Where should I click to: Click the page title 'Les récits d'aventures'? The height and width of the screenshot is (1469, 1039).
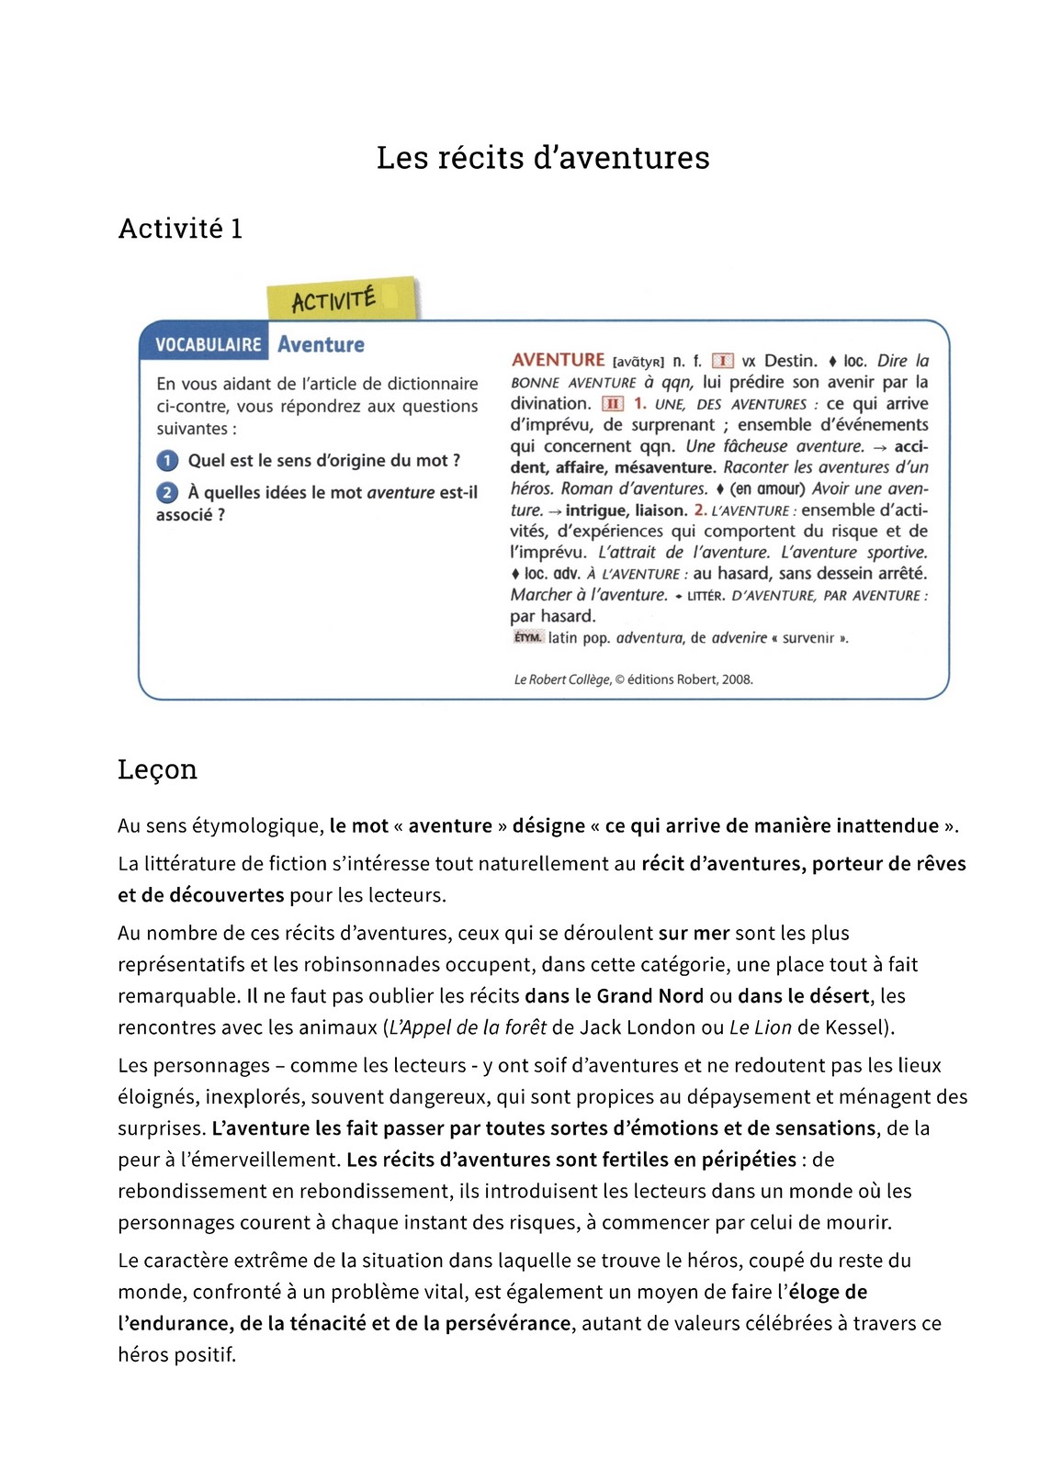[542, 158]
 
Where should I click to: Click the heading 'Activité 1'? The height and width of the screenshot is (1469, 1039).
[180, 229]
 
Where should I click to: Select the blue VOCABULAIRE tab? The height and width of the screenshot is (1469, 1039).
[208, 345]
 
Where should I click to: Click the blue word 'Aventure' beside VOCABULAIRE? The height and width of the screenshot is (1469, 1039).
[321, 345]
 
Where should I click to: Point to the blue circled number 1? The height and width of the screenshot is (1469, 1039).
[167, 461]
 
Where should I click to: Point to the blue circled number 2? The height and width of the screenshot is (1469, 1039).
[167, 493]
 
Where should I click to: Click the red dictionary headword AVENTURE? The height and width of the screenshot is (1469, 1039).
[558, 360]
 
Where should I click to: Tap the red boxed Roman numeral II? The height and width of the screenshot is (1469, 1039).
[613, 404]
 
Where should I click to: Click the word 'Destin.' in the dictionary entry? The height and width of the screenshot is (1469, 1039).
[790, 361]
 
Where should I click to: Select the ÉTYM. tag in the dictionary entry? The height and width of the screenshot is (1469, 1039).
[527, 637]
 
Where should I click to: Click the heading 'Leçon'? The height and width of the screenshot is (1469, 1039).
[157, 769]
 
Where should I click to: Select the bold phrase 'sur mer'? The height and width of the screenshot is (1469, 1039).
[694, 933]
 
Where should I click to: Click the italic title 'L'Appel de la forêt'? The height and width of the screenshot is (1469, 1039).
[468, 1027]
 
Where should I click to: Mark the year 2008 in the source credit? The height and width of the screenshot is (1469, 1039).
[737, 679]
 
